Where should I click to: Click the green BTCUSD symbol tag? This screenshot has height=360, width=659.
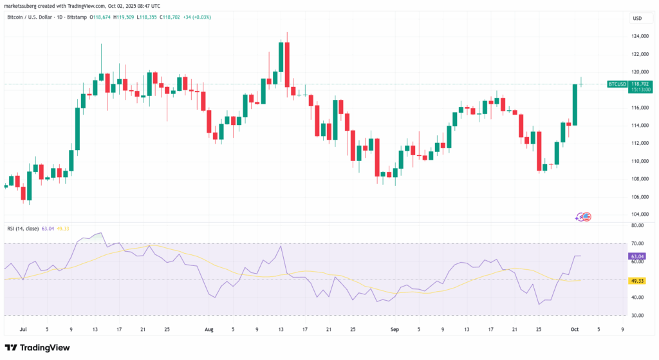click(x=617, y=84)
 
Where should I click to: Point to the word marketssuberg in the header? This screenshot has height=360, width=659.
click(x=21, y=5)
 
